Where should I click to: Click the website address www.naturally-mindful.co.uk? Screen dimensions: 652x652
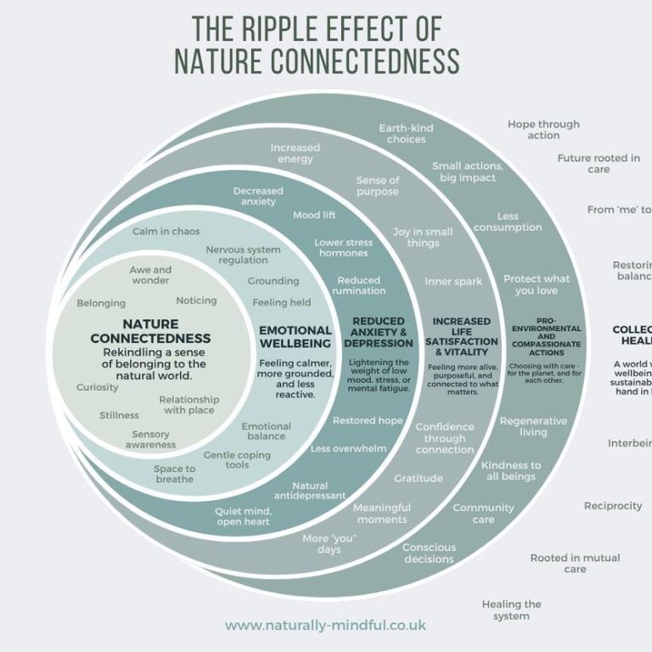[325, 626]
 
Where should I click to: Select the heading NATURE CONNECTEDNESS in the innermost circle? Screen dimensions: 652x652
[150, 331]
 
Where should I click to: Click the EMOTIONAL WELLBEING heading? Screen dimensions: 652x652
[295, 336]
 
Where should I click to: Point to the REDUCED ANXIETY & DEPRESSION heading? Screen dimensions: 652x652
[378, 332]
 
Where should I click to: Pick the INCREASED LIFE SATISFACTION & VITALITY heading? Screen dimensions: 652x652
[462, 336]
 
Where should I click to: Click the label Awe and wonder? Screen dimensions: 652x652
[150, 275]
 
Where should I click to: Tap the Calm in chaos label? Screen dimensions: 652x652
[166, 231]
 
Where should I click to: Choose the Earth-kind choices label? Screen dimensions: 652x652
[406, 133]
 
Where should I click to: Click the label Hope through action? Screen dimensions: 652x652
[543, 129]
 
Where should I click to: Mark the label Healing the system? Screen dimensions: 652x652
[511, 610]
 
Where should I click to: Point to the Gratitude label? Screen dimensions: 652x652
[419, 478]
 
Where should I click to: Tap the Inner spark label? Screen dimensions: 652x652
[453, 281]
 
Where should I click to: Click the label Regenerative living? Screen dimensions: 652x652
[533, 426]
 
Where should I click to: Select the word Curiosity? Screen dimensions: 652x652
[98, 387]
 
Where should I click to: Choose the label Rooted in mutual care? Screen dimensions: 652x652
[575, 563]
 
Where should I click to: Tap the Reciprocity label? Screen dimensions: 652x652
[613, 506]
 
